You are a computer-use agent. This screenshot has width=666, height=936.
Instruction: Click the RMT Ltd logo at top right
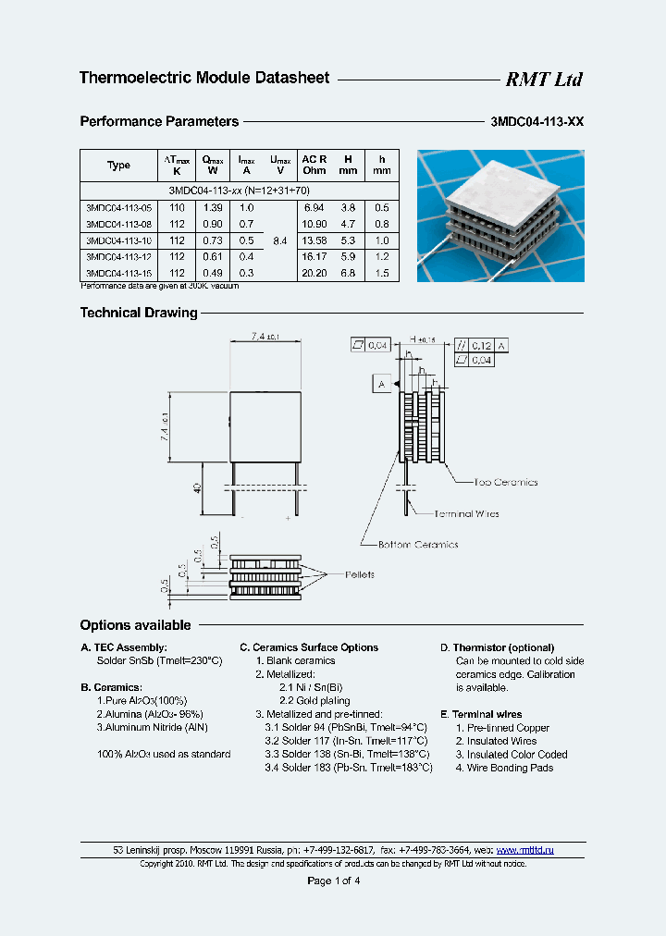click(x=543, y=80)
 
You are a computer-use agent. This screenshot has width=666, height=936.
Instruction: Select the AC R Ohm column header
click(x=314, y=165)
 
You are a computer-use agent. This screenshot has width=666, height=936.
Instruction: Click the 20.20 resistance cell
click(x=314, y=274)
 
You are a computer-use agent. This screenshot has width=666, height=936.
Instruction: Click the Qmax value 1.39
click(x=213, y=208)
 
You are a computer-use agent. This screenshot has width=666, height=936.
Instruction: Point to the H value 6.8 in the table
click(x=348, y=274)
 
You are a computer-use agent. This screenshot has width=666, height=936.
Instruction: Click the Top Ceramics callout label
click(x=505, y=482)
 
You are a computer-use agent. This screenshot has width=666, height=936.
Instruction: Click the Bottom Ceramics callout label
click(x=417, y=544)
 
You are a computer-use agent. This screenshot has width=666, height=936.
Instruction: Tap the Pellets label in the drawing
click(x=360, y=575)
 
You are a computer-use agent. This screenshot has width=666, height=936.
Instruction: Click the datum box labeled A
click(x=382, y=383)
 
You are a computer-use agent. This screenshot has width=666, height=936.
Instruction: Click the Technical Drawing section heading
click(x=139, y=313)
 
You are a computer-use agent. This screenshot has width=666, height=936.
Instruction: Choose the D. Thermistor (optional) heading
click(x=497, y=647)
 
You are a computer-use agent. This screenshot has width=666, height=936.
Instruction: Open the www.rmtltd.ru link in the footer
click(x=524, y=849)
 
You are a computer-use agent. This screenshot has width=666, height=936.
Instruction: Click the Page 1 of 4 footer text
click(x=333, y=881)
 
